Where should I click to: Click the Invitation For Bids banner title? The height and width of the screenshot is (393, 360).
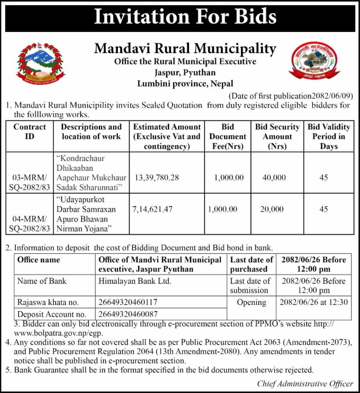point(185,17)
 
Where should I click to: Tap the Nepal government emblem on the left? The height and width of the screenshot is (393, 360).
point(41,65)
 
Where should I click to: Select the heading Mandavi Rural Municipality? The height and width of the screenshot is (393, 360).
point(185,48)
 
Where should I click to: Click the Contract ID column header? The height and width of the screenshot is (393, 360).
point(29,132)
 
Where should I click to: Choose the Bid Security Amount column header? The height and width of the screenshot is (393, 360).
point(277,136)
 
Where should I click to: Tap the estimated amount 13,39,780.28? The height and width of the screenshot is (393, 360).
point(157,177)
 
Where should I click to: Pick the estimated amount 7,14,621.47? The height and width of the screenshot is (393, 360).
point(153,209)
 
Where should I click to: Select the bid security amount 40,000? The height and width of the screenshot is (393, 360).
point(274,177)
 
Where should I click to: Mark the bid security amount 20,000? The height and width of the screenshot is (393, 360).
point(272,209)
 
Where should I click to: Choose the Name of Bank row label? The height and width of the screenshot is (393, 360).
point(42,281)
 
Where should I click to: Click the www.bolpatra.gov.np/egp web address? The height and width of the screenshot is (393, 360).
point(58,333)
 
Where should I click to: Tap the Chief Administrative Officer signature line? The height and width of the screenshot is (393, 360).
point(305,383)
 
